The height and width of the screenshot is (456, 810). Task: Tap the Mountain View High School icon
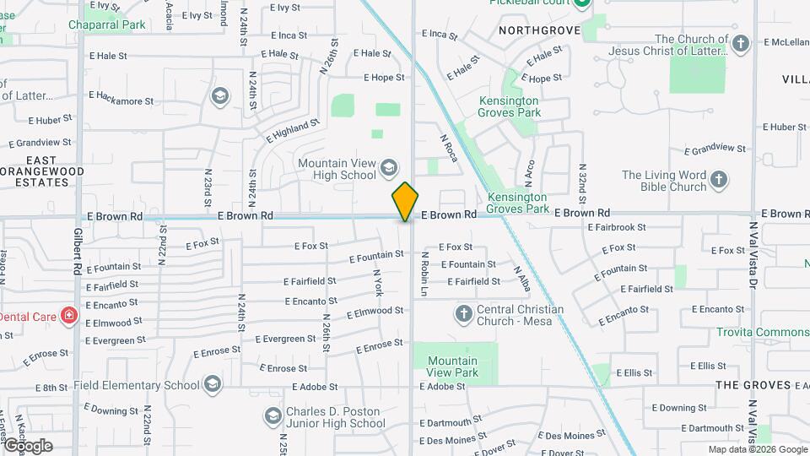[389, 166]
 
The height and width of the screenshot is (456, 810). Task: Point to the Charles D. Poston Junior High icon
[273, 416]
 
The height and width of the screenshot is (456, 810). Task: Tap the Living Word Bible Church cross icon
[718, 179]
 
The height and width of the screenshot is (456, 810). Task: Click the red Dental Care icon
[69, 317]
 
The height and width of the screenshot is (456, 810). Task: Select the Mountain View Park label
[452, 366]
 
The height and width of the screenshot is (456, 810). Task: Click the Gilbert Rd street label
[78, 251]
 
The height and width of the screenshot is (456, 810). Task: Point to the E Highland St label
[293, 130]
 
